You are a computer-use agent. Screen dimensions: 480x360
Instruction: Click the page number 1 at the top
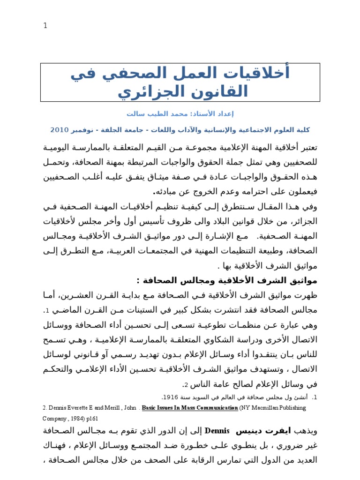click(45, 26)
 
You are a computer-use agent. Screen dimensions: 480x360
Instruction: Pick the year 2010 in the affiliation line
click(60, 129)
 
